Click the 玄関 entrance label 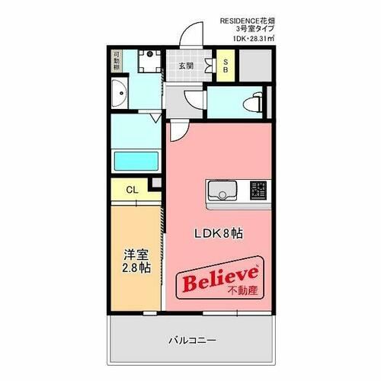pos(186,66)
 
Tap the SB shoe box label pos(226,66)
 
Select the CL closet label pos(130,189)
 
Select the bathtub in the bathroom pos(136,161)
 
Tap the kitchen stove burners pos(259,189)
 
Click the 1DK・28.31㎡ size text pos(248,37)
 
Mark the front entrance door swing pos(192,34)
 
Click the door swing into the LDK pos(176,131)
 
